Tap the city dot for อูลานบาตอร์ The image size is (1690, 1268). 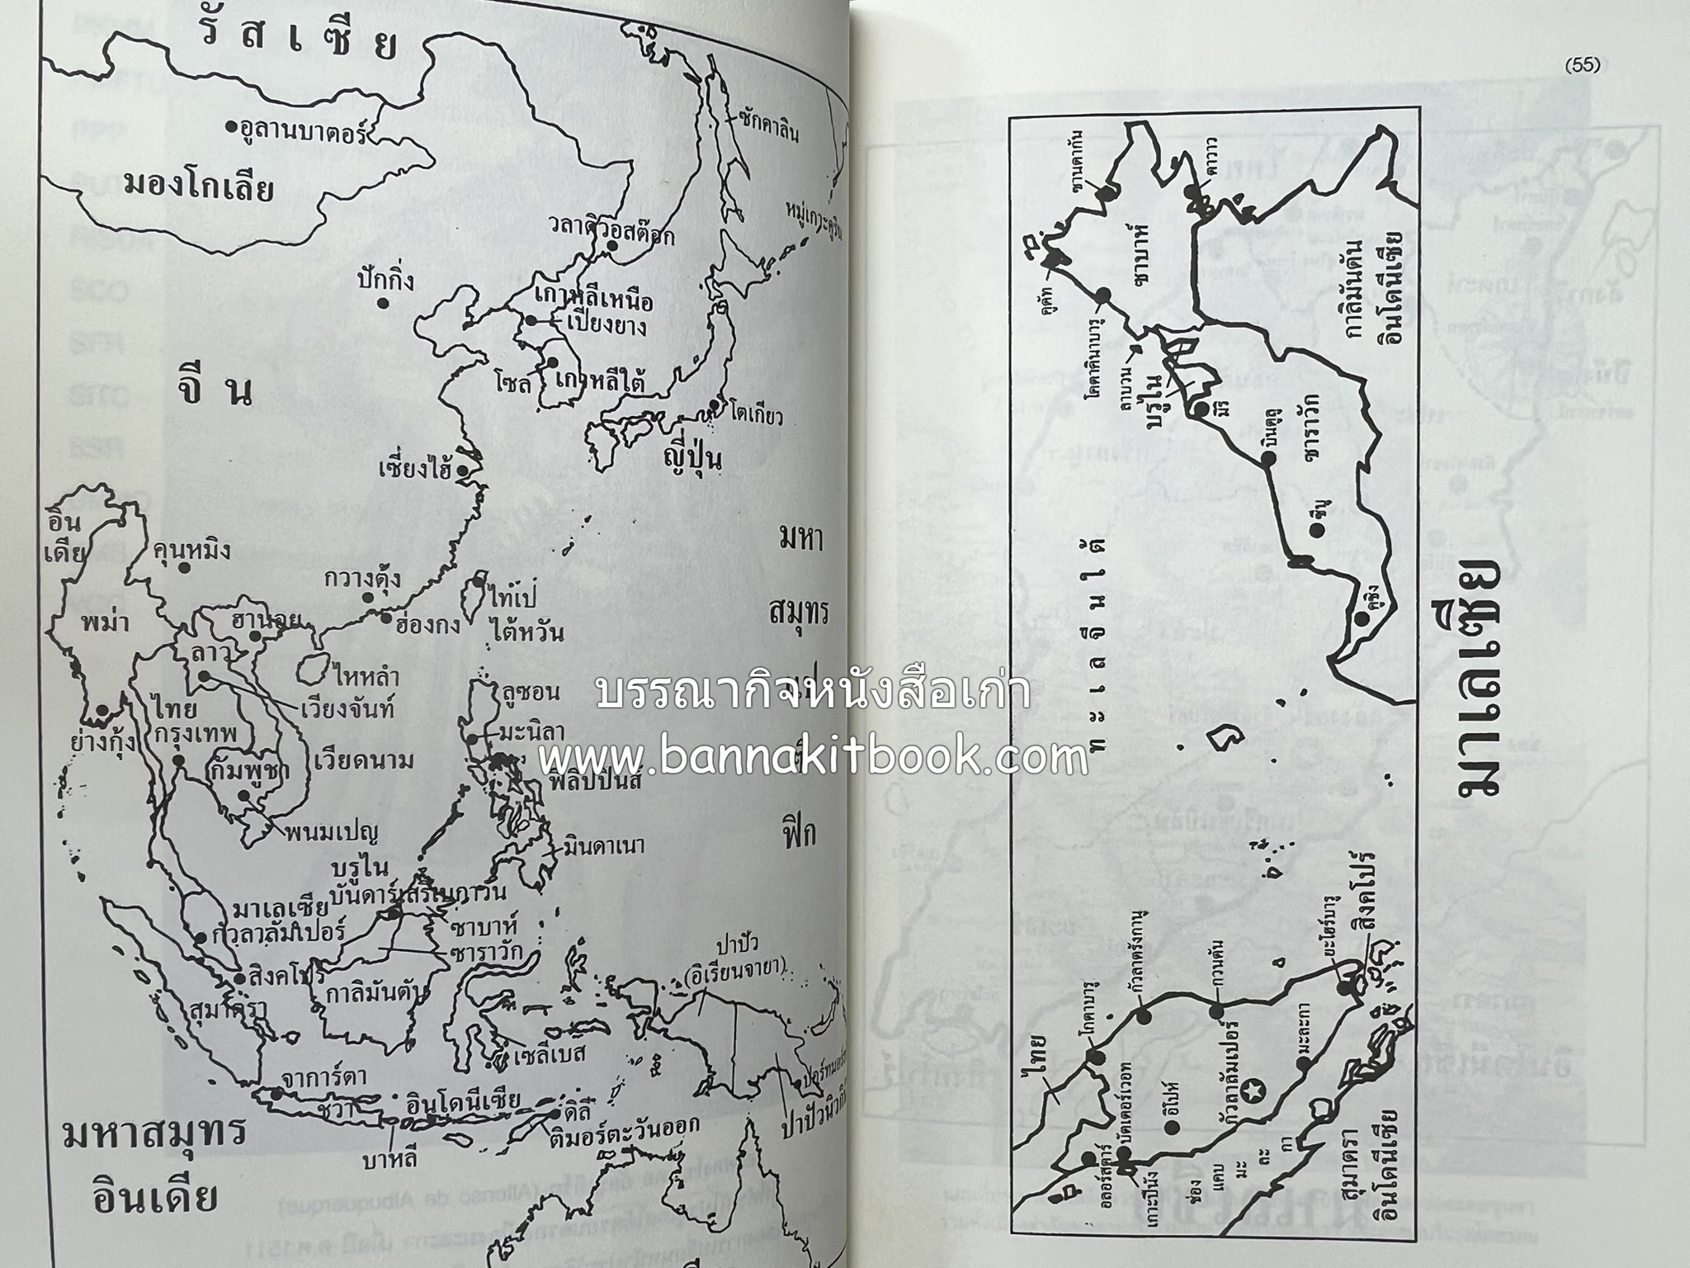(x=231, y=128)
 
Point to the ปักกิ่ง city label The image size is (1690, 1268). (x=385, y=282)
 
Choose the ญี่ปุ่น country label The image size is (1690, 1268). (x=695, y=459)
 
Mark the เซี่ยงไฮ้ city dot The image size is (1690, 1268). (x=463, y=471)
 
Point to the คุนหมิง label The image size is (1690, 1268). (x=192, y=551)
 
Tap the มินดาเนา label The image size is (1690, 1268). (x=604, y=845)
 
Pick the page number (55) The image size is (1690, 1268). (x=1580, y=66)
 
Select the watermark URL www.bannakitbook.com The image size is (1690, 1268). (x=813, y=755)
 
